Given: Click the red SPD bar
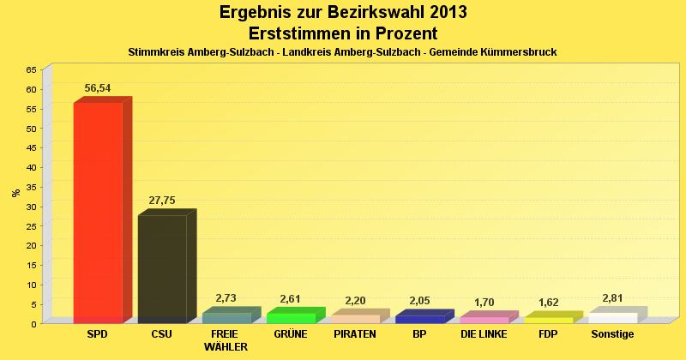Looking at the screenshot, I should point(98,212).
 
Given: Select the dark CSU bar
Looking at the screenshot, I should point(162,268).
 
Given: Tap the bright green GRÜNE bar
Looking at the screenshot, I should point(291,318).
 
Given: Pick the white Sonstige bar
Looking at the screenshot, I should point(612,318).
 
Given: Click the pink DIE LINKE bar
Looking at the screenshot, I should point(484,320).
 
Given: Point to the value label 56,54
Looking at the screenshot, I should point(98,88).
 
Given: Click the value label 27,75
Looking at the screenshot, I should point(162,201).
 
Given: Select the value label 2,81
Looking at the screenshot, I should point(612,298).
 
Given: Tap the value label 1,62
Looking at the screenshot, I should point(548,303).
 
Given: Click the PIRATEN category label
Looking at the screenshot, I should point(355,334).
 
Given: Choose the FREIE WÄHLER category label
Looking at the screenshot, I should point(226,340).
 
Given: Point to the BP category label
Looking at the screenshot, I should point(419,334).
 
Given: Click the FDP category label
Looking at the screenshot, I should point(548,334).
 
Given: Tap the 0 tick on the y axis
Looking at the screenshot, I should point(33,323).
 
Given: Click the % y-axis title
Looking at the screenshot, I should point(16,193).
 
